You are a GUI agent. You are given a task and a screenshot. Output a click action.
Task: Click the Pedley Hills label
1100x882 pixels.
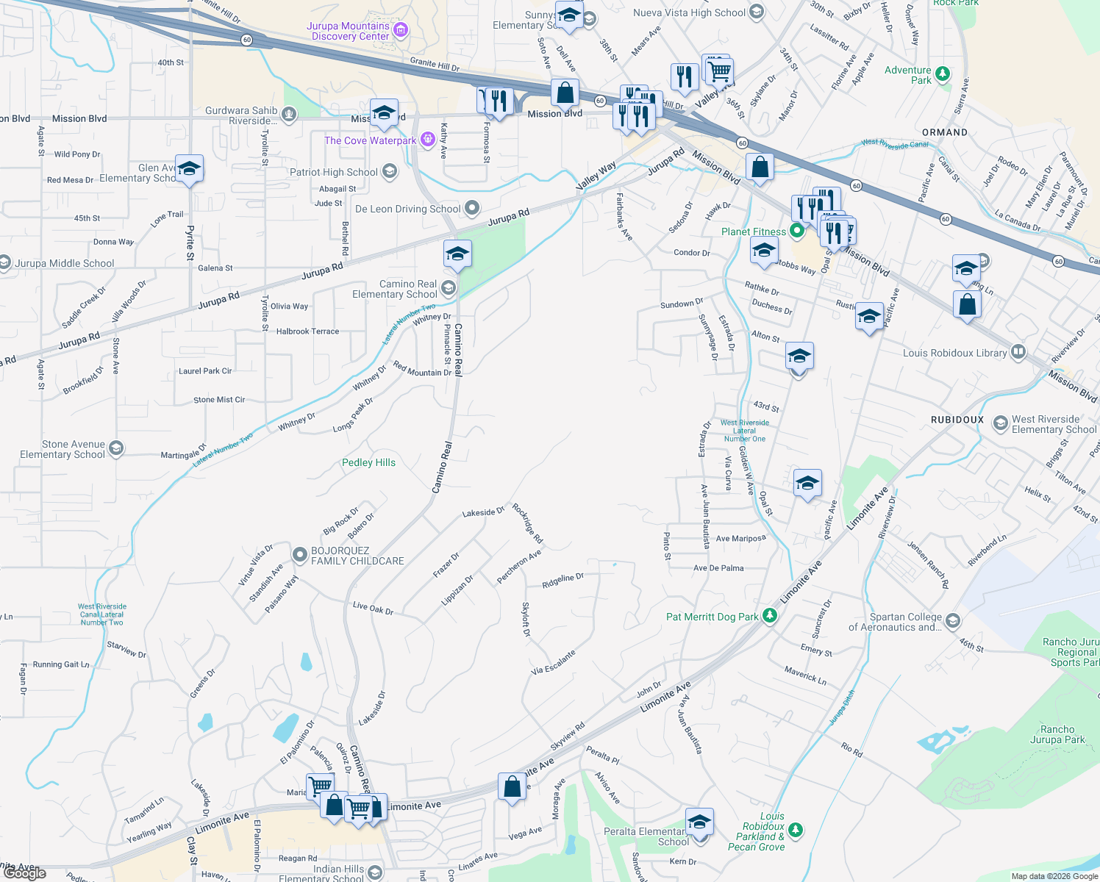pyautogui.click(x=368, y=462)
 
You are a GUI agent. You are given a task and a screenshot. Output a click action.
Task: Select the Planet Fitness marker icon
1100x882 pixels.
pyautogui.click(x=796, y=232)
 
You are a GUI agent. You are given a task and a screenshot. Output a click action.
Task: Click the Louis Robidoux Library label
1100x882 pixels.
pyautogui.click(x=954, y=353)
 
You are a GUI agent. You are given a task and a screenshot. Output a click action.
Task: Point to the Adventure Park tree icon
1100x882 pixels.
pyautogui.click(x=942, y=74)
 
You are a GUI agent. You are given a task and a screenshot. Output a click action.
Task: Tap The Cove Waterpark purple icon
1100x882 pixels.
pyautogui.click(x=428, y=140)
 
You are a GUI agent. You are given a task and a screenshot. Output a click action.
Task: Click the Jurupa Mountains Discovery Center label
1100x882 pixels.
pyautogui.click(x=349, y=31)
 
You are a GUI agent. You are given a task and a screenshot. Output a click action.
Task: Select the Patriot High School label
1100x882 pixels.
pyautogui.click(x=334, y=172)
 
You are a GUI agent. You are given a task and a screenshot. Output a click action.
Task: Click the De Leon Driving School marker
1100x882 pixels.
pyautogui.click(x=472, y=208)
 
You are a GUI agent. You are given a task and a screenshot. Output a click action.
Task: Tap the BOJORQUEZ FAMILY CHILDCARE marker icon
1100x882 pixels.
pyautogui.click(x=299, y=555)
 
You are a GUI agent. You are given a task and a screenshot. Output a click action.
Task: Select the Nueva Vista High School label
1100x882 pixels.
pyautogui.click(x=689, y=12)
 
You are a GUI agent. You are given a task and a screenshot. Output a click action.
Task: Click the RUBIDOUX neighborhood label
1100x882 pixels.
pyautogui.click(x=957, y=420)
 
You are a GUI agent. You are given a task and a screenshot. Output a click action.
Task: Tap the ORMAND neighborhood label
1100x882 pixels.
pyautogui.click(x=945, y=132)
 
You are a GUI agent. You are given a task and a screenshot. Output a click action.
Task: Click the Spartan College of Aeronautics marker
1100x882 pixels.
pyautogui.click(x=952, y=621)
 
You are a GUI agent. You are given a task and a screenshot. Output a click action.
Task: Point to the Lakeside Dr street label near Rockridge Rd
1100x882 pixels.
pyautogui.click(x=483, y=512)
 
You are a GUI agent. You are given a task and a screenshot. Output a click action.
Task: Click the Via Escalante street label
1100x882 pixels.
pyautogui.click(x=553, y=663)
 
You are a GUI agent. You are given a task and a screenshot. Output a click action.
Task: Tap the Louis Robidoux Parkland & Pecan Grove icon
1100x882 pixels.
pyautogui.click(x=795, y=830)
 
